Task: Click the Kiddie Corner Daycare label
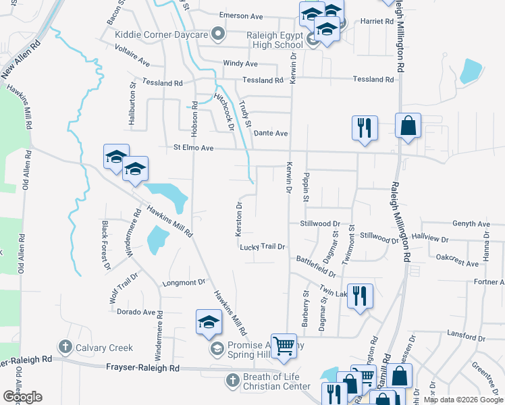161,34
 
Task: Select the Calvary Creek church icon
65,348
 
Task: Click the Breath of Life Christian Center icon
232,380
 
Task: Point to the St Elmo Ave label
194,148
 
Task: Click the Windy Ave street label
241,63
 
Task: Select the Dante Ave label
271,134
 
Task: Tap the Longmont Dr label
184,283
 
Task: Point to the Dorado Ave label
136,312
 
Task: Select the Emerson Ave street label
241,16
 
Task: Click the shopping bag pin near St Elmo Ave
408,126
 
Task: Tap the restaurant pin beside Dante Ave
365,128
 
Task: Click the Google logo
22,397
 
